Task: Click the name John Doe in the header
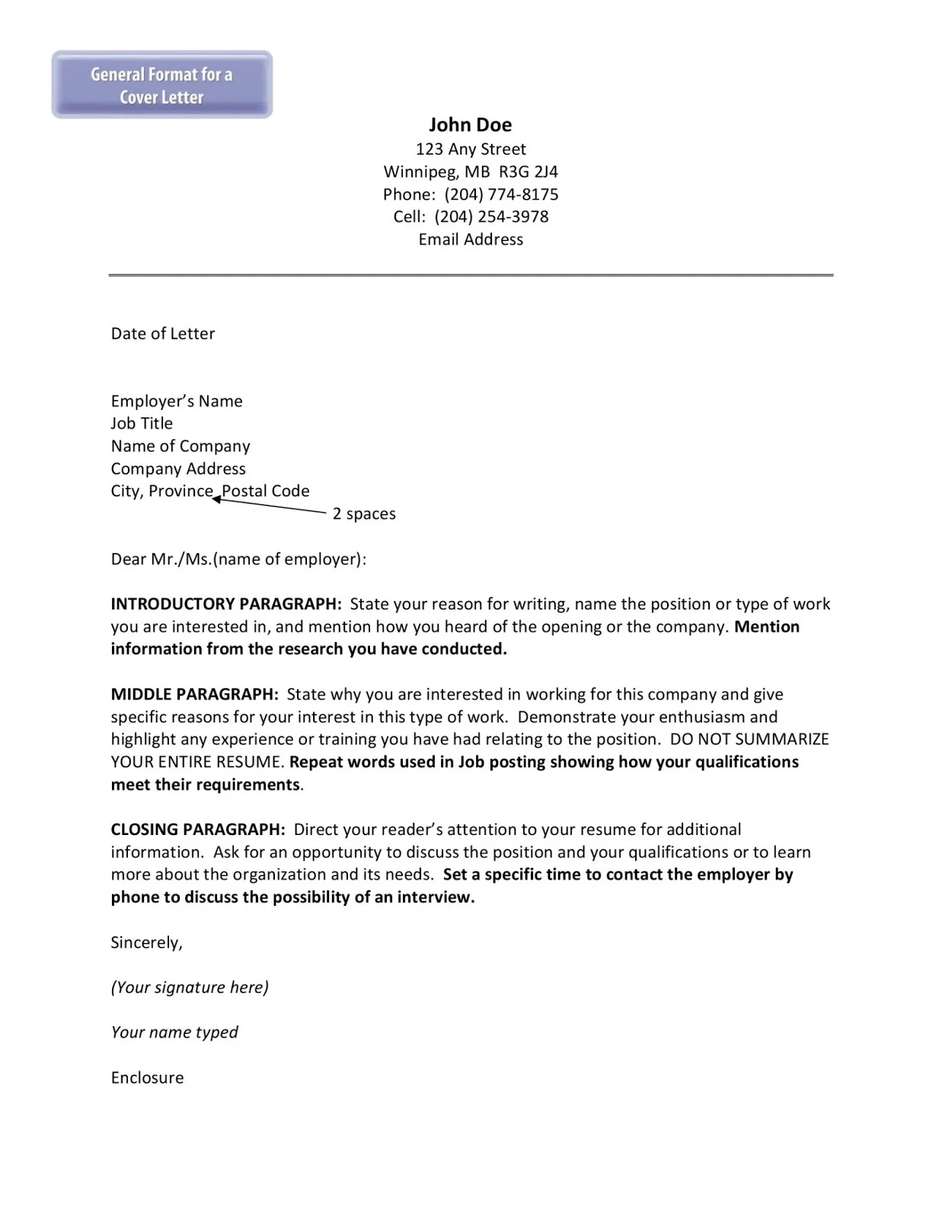470,125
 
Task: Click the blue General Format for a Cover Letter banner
161,85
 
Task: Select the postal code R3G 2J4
528,171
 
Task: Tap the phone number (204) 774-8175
501,194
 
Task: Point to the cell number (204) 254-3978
491,216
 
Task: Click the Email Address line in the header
471,239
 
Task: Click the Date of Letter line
163,334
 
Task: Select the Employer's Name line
177,402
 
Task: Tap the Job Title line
142,424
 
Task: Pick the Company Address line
178,469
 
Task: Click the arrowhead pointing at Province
216,499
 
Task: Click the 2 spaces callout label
364,514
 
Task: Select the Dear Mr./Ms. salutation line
238,559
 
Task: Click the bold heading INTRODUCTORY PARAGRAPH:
226,604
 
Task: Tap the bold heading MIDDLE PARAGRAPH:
195,694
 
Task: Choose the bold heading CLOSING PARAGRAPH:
198,830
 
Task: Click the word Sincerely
146,942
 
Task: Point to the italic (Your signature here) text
190,987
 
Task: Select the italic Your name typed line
174,1032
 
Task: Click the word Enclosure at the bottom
147,1077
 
